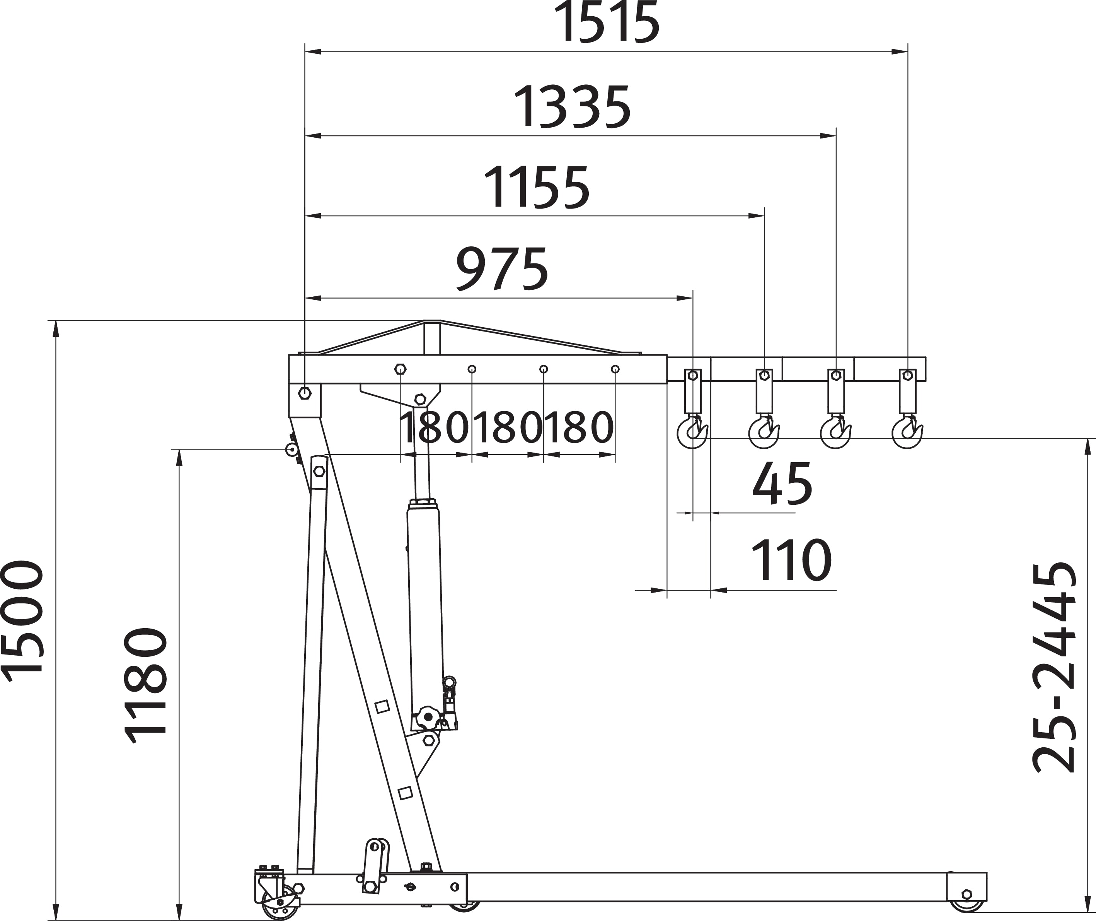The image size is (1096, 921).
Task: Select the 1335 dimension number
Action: click(x=573, y=107)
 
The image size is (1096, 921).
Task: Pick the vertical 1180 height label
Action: click(x=146, y=685)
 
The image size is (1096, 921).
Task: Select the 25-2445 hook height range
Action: click(x=1055, y=667)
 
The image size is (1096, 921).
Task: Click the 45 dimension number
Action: click(x=782, y=484)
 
